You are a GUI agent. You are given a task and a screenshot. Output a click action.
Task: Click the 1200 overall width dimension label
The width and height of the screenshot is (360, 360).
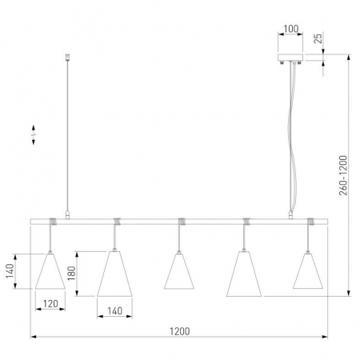[180, 331]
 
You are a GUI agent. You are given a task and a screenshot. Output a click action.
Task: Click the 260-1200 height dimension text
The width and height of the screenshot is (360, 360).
[343, 175]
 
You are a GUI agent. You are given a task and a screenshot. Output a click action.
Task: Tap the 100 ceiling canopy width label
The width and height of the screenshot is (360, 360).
[290, 29]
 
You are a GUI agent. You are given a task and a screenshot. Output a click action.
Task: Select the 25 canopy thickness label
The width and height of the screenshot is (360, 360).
[318, 38]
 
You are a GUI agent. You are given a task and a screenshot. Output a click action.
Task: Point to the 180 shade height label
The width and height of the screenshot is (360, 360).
[71, 274]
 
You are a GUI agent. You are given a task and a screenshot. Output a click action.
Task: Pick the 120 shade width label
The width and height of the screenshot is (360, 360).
[50, 303]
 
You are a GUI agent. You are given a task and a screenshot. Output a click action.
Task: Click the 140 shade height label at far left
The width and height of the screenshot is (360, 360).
[10, 270]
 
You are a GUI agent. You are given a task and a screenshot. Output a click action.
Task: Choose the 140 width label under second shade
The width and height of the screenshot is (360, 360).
[114, 311]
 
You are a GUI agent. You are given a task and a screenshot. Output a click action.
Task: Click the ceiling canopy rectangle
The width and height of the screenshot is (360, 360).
[290, 58]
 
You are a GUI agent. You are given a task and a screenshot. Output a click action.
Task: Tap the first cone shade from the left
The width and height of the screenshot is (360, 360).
[50, 271]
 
